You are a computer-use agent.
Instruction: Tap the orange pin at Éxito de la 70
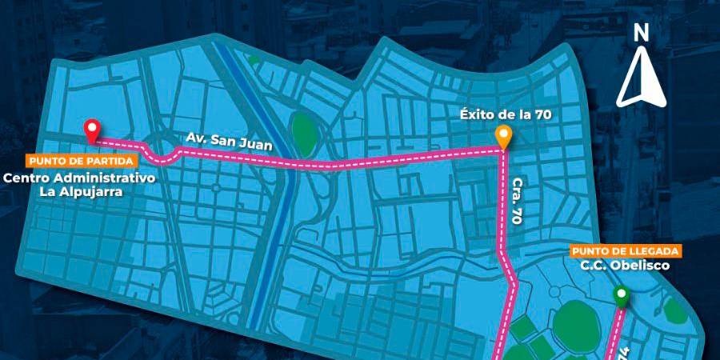click(x=503, y=136)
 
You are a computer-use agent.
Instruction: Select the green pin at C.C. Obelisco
click(x=621, y=296)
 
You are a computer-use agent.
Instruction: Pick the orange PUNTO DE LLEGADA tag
click(x=626, y=251)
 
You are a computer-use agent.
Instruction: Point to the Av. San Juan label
click(x=230, y=142)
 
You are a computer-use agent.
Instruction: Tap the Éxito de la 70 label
click(x=506, y=114)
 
